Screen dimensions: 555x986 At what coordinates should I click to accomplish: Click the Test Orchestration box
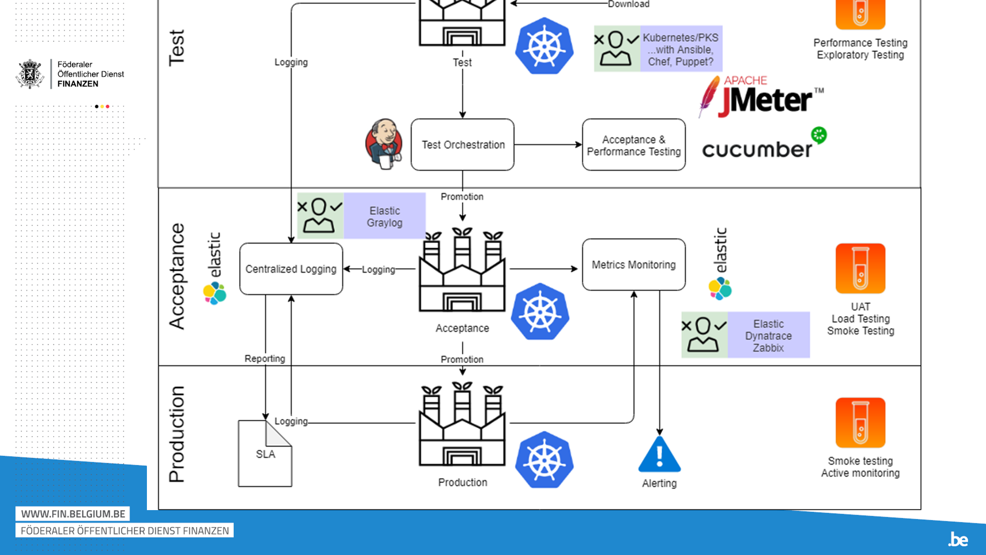coord(462,145)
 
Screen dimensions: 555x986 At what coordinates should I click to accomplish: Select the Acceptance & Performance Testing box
coord(634,145)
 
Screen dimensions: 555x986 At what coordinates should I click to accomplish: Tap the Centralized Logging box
coord(291,269)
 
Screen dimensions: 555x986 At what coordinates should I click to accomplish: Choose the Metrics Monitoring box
coord(634,265)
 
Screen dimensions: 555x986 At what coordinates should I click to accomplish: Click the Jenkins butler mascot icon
coord(384,144)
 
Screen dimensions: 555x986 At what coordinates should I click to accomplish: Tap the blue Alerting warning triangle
coord(659,455)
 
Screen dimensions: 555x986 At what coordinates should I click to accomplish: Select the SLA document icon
coord(265,453)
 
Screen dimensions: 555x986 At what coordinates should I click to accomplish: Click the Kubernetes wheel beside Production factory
coord(544,460)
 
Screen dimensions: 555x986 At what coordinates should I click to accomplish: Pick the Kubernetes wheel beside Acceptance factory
coord(540,312)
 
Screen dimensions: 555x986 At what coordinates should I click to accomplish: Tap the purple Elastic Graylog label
coord(385,216)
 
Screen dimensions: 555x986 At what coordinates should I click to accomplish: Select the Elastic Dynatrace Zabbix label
coord(768,335)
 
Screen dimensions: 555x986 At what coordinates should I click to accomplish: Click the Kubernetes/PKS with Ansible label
coord(681,49)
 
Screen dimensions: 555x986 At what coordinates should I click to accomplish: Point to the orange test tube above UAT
coord(860,269)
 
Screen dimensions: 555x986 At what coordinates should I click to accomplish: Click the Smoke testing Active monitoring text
coord(860,467)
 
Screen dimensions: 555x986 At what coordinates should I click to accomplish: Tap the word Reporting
coord(265,359)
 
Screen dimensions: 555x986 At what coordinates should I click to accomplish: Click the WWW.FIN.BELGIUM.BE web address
coord(73,514)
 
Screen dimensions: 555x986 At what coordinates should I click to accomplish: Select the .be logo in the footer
coord(958,539)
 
